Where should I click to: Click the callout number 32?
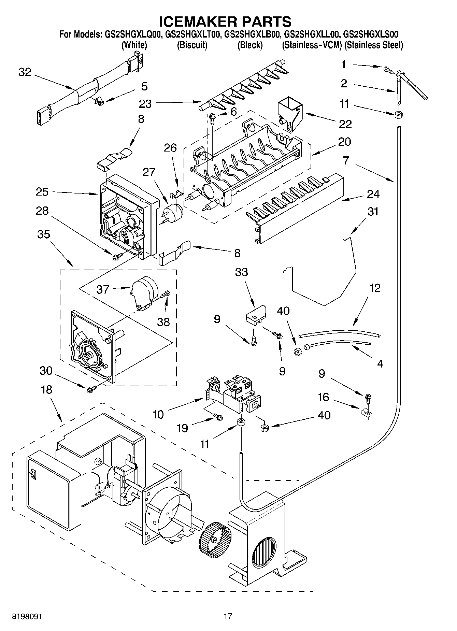coord(25,72)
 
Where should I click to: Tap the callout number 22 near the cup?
coord(345,124)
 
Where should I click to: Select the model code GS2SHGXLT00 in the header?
coord(194,34)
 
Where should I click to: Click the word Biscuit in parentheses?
coord(192,45)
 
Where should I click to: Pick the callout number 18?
coord(46,389)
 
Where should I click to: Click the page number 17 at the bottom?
coord(228,616)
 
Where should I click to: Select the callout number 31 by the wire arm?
coord(373,212)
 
